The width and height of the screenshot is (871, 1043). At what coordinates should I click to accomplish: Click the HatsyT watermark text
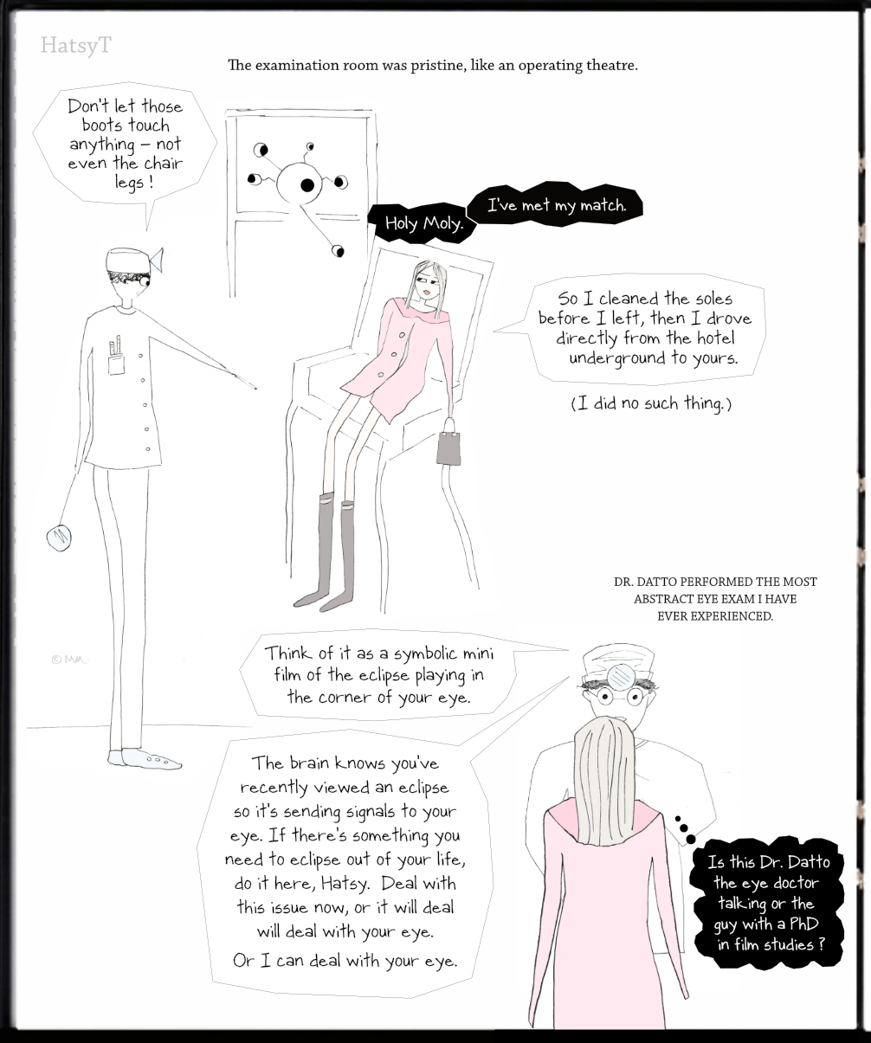click(x=76, y=46)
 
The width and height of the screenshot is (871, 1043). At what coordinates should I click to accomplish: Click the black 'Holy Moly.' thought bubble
click(x=423, y=222)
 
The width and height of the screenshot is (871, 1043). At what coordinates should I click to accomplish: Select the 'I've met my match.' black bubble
click(x=556, y=205)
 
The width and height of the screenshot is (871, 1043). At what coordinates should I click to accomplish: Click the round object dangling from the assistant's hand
click(x=59, y=538)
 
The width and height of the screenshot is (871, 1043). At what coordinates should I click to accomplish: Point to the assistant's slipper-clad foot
click(x=144, y=759)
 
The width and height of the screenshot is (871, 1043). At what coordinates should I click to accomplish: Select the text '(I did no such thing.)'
click(x=651, y=403)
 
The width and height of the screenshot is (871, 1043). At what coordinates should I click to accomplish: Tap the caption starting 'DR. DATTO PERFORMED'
click(x=715, y=599)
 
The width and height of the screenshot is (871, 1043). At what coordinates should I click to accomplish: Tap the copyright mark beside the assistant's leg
click(x=69, y=660)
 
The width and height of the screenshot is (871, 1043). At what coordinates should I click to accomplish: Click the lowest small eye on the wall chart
click(x=338, y=250)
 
